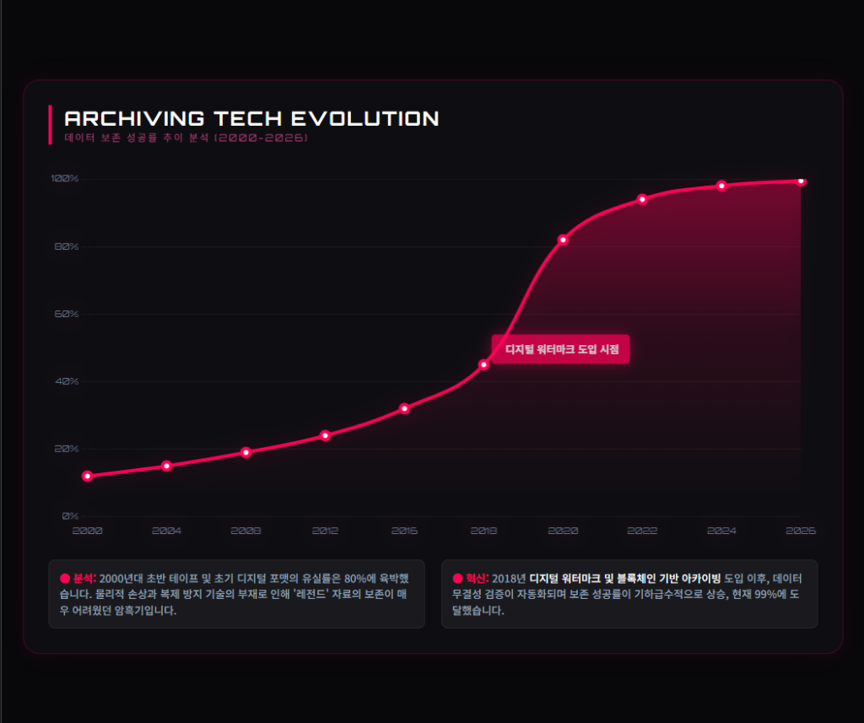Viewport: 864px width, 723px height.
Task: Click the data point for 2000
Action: (87, 476)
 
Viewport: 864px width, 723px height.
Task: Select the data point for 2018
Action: (483, 364)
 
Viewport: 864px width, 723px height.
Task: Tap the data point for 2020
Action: (563, 240)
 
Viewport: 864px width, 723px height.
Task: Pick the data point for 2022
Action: (642, 199)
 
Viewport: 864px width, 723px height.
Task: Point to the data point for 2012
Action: (325, 435)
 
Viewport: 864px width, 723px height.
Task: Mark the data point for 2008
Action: (246, 452)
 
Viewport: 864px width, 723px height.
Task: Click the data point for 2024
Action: (721, 186)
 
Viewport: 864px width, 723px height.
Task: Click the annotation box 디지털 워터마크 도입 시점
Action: (561, 348)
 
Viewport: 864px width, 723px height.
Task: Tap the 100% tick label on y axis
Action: (64, 179)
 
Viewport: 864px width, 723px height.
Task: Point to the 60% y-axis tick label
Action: (66, 314)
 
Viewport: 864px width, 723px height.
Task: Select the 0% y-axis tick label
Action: (71, 515)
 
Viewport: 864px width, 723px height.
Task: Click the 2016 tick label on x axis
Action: (404, 531)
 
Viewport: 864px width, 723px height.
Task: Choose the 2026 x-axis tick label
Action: (801, 531)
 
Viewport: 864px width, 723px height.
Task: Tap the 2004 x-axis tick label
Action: (166, 531)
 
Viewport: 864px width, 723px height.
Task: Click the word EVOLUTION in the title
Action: (364, 118)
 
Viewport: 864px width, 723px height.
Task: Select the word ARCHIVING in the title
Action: (134, 118)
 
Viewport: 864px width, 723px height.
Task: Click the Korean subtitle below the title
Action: (186, 137)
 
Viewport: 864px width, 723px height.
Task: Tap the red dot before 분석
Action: (64, 579)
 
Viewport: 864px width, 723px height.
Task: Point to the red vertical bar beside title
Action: (51, 125)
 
